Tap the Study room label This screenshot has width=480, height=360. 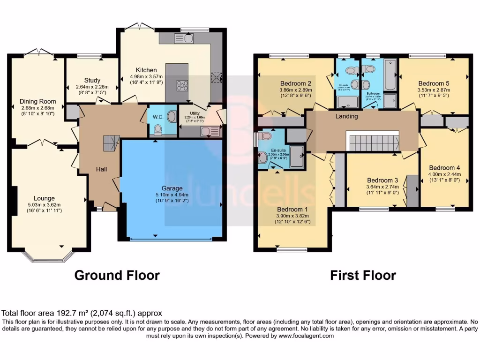[x=92, y=80]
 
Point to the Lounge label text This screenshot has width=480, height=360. [x=44, y=198]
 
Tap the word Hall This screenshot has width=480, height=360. [x=102, y=169]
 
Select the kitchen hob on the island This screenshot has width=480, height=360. [x=182, y=86]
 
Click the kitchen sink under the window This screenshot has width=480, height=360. [x=189, y=38]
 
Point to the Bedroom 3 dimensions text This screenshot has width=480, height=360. [x=382, y=188]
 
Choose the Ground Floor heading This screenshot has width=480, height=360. [x=117, y=275]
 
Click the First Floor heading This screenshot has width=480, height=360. [x=363, y=275]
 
